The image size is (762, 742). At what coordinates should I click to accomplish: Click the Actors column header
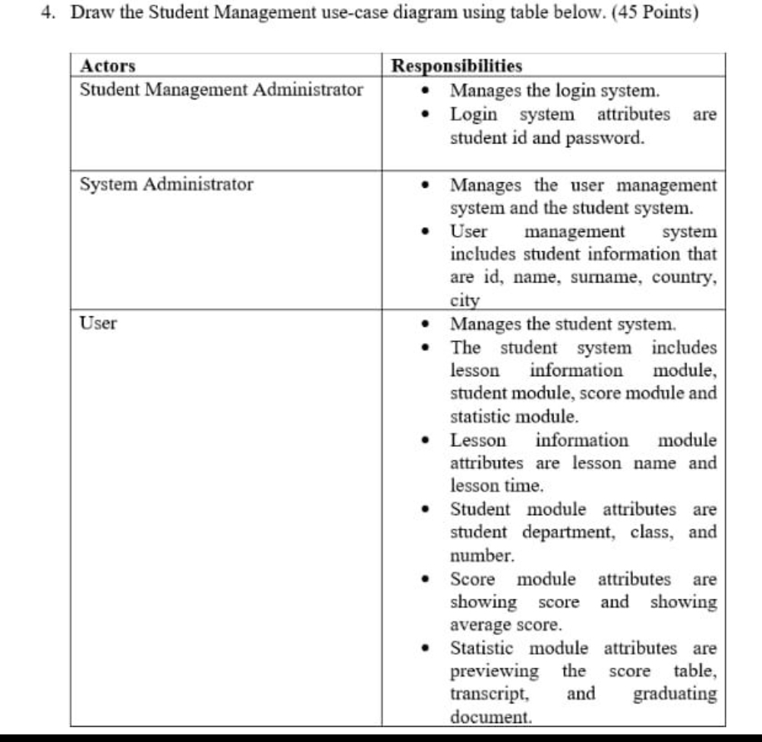pos(108,65)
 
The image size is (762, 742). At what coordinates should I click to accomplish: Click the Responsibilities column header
pos(457,65)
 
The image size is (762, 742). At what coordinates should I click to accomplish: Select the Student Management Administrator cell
pos(222,90)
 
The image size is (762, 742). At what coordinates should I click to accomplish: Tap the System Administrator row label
pos(167,184)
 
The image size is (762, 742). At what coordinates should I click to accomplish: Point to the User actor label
pos(99,323)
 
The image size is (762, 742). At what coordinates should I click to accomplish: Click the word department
pos(572,532)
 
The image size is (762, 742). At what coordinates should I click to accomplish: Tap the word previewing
pos(495,671)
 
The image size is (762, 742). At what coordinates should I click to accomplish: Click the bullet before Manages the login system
pos(429,92)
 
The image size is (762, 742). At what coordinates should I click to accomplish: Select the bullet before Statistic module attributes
pos(429,649)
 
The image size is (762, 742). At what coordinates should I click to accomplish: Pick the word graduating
pos(675,693)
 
